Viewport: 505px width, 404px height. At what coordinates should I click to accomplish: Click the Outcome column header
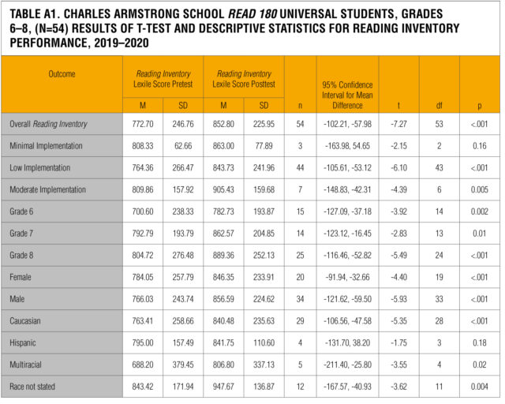coord(62,73)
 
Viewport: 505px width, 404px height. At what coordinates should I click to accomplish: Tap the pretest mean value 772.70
coord(142,125)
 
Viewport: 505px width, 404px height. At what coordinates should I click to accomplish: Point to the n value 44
coord(299,168)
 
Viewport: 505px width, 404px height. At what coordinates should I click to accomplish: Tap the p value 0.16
coord(479,147)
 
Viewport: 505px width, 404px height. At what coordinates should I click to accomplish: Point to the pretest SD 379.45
coord(182,365)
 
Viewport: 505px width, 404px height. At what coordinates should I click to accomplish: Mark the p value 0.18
coord(479,342)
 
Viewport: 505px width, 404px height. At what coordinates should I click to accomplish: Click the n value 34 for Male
coord(299,299)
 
